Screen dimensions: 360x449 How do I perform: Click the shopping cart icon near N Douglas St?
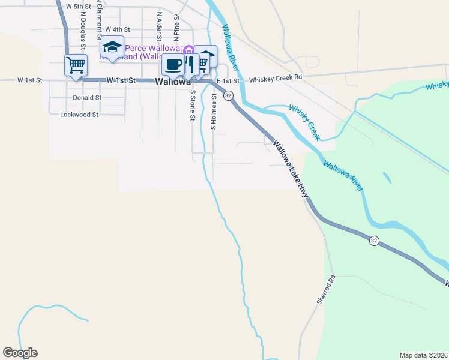click(x=76, y=64)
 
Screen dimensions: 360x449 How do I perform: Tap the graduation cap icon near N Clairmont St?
click(x=112, y=46)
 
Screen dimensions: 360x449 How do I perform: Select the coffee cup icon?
click(x=173, y=64)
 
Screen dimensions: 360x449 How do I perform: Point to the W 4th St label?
click(x=117, y=29)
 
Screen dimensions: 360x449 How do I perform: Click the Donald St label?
click(x=87, y=97)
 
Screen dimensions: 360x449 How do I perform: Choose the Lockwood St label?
click(x=79, y=114)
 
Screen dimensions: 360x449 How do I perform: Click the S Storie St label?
click(x=193, y=104)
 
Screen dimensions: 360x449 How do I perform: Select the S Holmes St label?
click(x=213, y=112)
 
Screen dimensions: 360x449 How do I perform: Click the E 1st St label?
click(x=229, y=80)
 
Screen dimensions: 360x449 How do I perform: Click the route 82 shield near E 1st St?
click(x=228, y=95)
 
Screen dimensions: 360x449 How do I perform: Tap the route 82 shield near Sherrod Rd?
click(x=374, y=241)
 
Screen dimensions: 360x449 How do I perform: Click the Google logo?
click(x=20, y=353)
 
